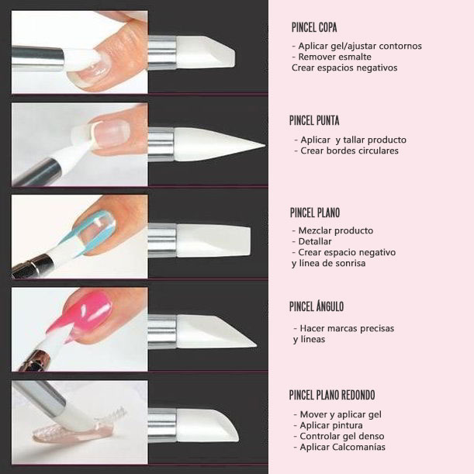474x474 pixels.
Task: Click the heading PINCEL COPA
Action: click(314, 27)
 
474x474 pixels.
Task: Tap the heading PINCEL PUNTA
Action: click(314, 120)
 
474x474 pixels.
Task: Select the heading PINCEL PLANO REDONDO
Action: click(332, 395)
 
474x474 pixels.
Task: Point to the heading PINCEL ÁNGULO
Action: click(317, 306)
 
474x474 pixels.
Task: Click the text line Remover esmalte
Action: click(331, 57)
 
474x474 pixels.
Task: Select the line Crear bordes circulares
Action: click(347, 151)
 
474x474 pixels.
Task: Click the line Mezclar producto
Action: click(333, 230)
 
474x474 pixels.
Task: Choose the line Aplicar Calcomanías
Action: click(340, 447)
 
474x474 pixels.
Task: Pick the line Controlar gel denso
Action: click(339, 436)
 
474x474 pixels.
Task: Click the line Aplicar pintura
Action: click(328, 425)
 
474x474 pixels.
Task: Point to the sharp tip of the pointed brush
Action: click(265, 145)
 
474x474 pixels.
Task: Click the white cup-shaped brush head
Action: click(206, 52)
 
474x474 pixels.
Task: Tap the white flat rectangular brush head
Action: click(213, 241)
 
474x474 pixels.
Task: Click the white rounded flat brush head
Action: click(208, 425)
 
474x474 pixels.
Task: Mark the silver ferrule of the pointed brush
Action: click(161, 144)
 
